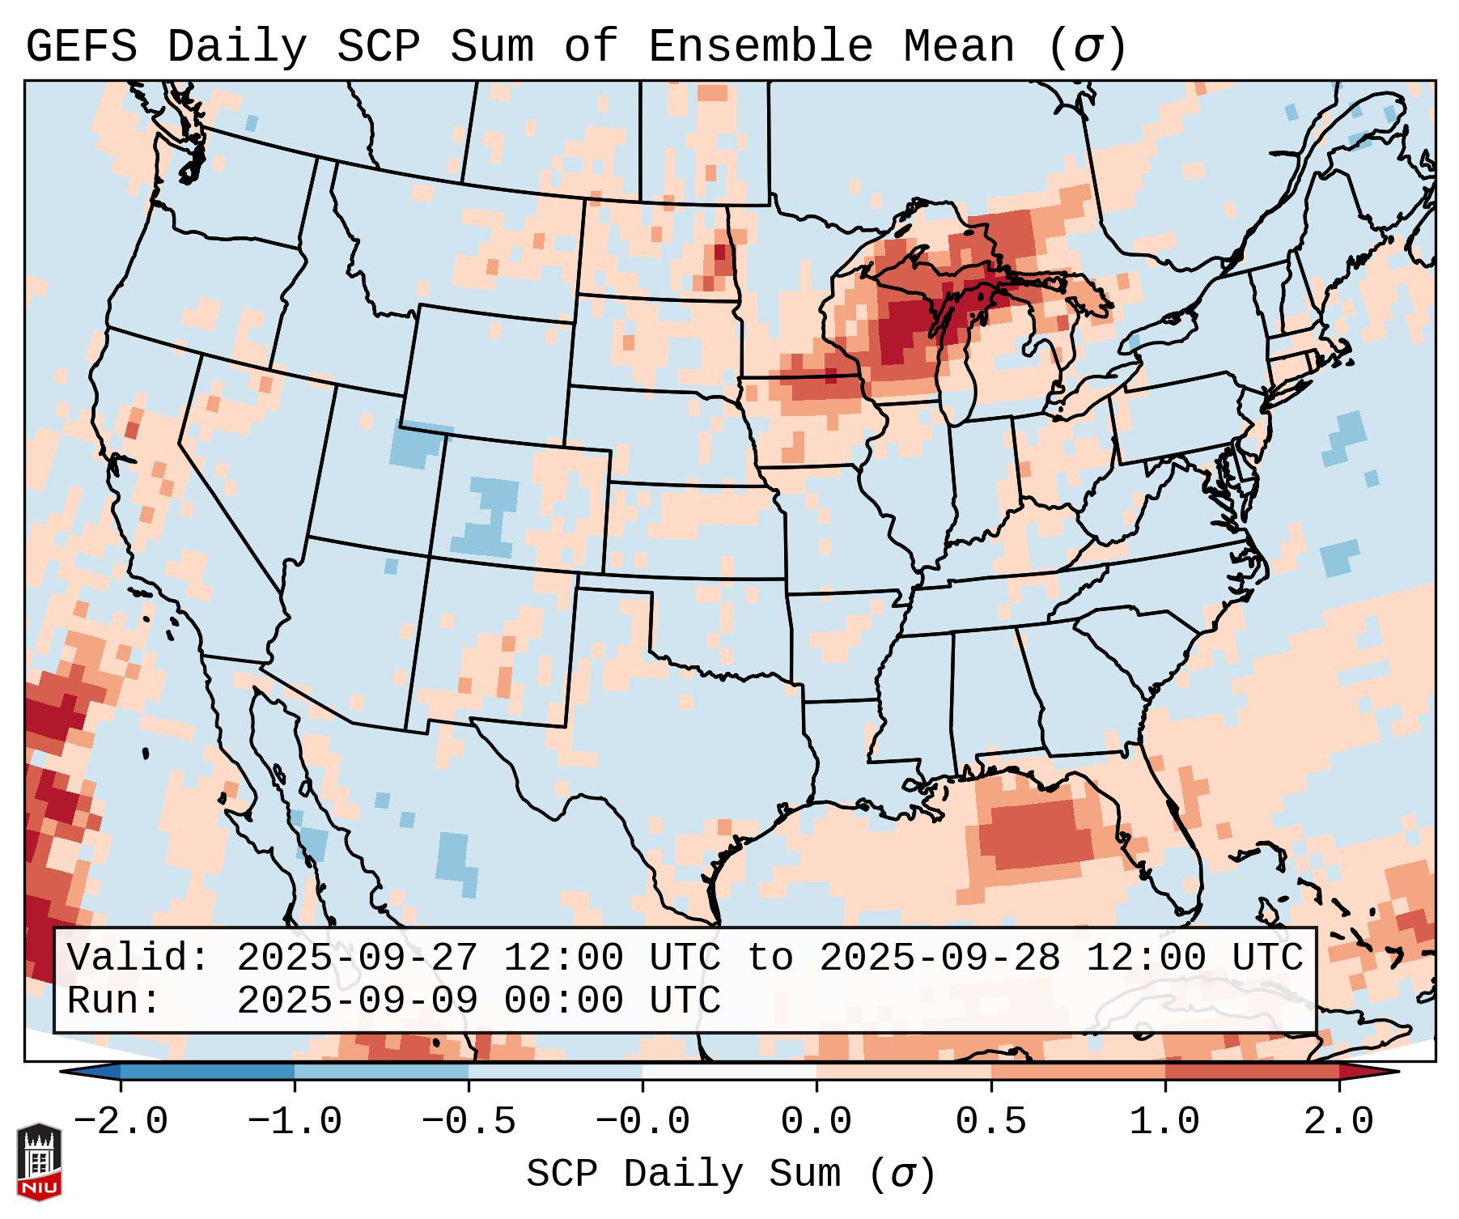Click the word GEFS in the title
[81, 46]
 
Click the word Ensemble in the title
[760, 46]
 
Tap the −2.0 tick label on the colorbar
[121, 1122]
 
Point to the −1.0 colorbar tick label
[295, 1122]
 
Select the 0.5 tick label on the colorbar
[990, 1122]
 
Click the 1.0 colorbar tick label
[1164, 1122]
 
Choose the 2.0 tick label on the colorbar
[1338, 1122]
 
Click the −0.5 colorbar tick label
[469, 1122]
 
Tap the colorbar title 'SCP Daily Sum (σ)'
[731, 1174]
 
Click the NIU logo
[39, 1162]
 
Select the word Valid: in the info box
[138, 958]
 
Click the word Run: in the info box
[114, 1000]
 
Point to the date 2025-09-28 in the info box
[939, 958]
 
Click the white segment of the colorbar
[729, 1072]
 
